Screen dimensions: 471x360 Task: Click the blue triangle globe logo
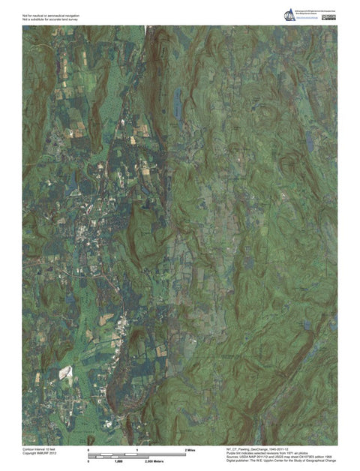pyautogui.click(x=289, y=15)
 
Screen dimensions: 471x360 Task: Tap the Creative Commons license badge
pyautogui.click(x=328, y=17)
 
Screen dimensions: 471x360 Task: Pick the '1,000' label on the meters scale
pyautogui.click(x=118, y=461)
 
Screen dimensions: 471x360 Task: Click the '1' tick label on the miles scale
pyautogui.click(x=137, y=449)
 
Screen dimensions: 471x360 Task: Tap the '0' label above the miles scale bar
pyautogui.click(x=89, y=449)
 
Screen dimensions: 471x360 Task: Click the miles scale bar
pyautogui.click(x=137, y=454)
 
